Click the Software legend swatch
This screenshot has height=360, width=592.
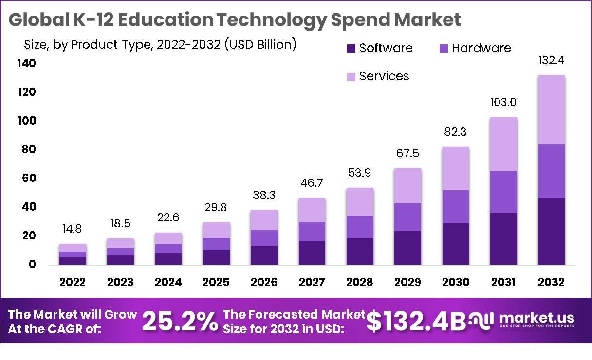pos(351,48)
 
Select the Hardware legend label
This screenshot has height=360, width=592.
pos(481,48)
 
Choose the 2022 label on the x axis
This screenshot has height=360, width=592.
pos(73,283)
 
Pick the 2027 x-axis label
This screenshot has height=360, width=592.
pos(312,283)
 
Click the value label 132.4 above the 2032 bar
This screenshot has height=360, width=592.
pos(551,61)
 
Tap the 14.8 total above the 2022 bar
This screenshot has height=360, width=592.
pos(73,229)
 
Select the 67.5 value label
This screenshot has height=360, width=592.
pos(407,154)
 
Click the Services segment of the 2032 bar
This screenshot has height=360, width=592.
pos(552,110)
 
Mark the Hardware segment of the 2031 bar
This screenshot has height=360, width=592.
pos(503,192)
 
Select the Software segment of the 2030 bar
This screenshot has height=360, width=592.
pos(456,244)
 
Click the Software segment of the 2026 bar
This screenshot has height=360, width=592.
pos(264,255)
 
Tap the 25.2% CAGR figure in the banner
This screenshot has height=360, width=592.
pos(179,322)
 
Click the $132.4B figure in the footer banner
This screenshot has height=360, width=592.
pos(416,322)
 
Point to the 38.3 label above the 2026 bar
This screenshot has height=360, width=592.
pos(264,196)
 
